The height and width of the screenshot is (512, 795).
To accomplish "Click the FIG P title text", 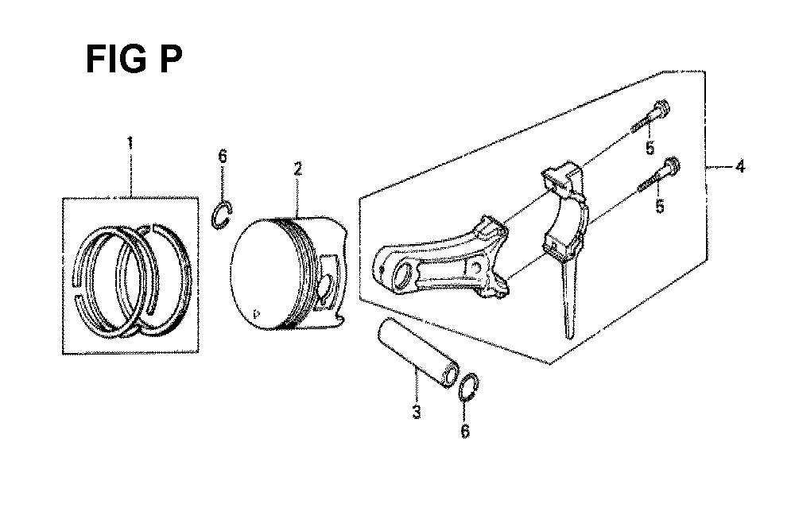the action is coord(134,60).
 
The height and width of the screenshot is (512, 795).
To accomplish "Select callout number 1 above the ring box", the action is coord(130,143).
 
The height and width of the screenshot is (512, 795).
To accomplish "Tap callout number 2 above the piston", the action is coord(298,169).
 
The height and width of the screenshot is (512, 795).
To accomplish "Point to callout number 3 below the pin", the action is coord(417,411).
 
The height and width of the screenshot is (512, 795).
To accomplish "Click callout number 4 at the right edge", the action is coord(740,166).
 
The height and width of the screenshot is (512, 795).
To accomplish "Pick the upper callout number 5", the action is coord(650,148).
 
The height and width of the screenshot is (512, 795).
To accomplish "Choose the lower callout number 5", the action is coord(660,207).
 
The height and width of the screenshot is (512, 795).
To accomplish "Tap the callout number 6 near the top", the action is coord(223,156).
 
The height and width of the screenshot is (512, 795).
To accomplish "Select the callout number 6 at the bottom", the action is coord(465,431).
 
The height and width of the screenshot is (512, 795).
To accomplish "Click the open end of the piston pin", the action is coord(449,376).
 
